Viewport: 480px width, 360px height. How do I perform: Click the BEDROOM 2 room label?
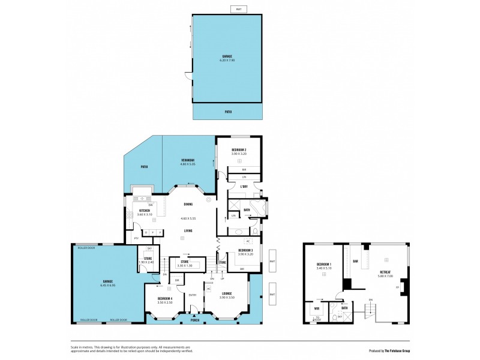click(239, 149)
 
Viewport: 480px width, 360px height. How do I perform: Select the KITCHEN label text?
click(144, 211)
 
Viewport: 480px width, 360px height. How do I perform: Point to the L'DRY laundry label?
click(244, 187)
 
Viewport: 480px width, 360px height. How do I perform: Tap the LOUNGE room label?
click(226, 293)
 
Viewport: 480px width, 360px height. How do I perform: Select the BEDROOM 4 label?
click(165, 298)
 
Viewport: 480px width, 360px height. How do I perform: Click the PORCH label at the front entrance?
click(195, 319)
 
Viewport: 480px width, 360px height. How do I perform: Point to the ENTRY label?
click(193, 295)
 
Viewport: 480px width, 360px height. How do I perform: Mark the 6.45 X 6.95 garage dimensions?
click(107, 286)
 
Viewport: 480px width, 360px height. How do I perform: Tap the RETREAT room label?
click(385, 271)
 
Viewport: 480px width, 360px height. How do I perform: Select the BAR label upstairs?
click(355, 261)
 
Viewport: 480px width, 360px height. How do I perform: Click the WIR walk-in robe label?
click(317, 310)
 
